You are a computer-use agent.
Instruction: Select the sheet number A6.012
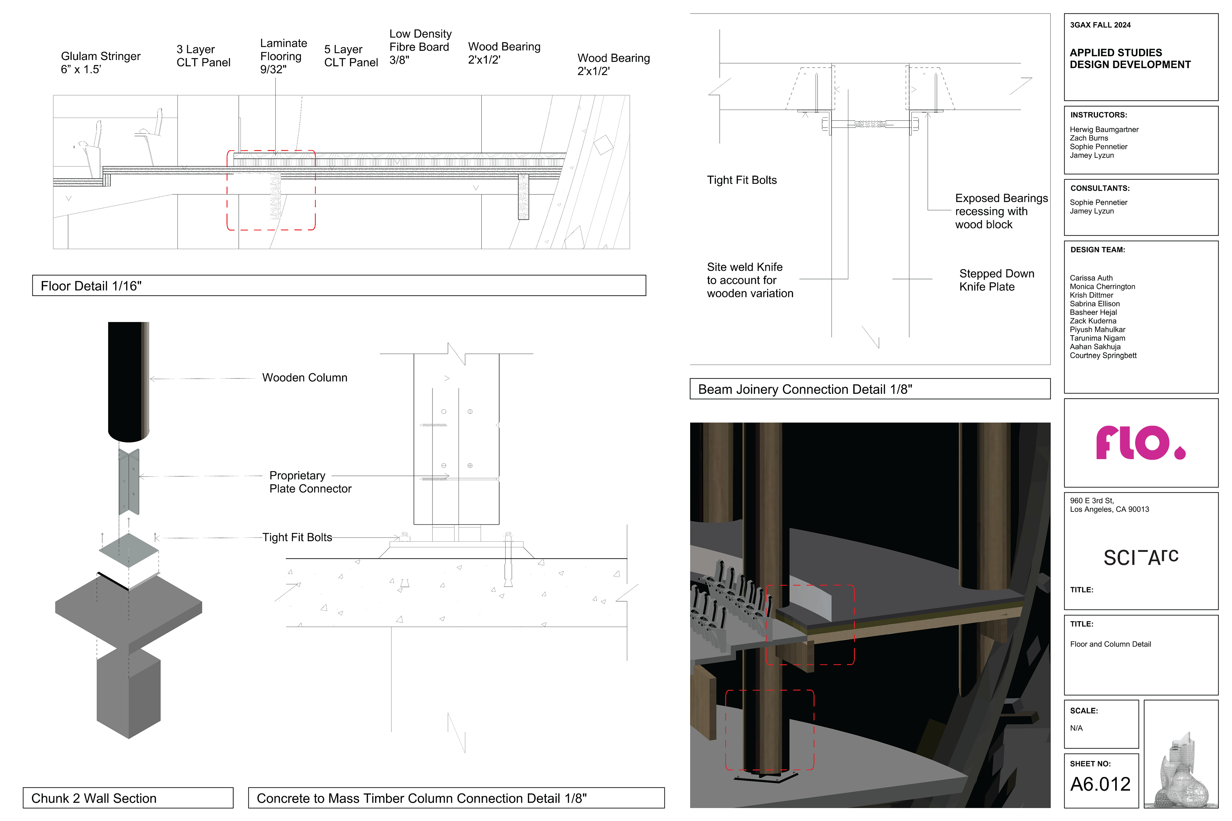point(1100,784)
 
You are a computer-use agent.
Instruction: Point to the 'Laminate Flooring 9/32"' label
point(283,56)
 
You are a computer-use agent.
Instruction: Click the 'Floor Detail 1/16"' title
point(91,286)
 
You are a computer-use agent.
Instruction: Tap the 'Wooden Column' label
point(304,377)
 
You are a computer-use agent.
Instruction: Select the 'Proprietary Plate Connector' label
point(310,482)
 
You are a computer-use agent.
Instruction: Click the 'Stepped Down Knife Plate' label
point(996,280)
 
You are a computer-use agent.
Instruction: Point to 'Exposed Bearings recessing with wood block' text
point(1001,211)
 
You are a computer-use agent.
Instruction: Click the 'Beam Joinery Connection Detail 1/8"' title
point(805,389)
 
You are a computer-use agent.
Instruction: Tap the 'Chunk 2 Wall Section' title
point(94,798)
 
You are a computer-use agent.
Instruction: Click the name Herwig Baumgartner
point(1104,129)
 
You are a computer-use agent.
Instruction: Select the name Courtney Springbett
point(1103,356)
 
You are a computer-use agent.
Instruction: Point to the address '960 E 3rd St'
point(1091,501)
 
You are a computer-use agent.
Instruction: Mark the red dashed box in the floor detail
point(271,190)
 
